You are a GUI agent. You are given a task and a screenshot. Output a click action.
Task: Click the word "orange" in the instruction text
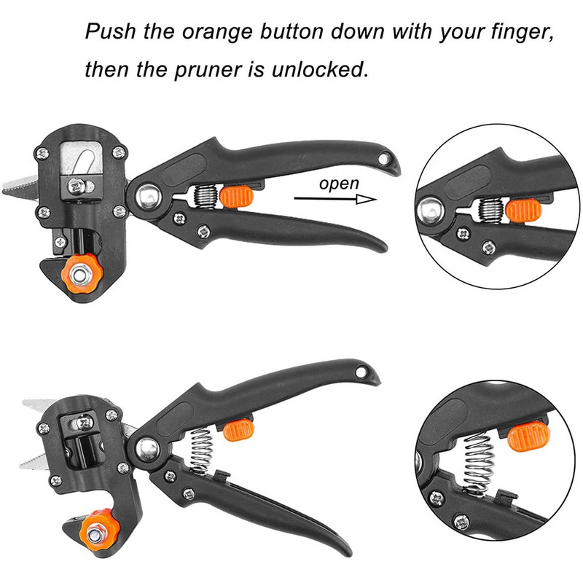pyautogui.click(x=217, y=32)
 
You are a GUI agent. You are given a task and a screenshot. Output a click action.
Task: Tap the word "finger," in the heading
pyautogui.click(x=523, y=31)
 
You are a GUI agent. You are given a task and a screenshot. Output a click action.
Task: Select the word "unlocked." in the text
pyautogui.click(x=320, y=69)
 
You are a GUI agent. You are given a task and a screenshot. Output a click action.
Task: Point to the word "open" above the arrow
pyautogui.click(x=339, y=184)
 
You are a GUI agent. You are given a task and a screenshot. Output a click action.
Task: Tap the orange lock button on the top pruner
pyautogui.click(x=236, y=197)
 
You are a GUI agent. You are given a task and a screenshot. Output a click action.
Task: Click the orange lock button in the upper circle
pyautogui.click(x=523, y=211)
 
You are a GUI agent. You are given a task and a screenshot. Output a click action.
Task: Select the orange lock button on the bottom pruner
pyautogui.click(x=239, y=430)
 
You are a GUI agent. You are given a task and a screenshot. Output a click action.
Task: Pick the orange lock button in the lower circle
pyautogui.click(x=528, y=436)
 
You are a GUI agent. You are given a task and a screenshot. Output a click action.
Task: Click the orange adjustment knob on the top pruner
pyautogui.click(x=82, y=274)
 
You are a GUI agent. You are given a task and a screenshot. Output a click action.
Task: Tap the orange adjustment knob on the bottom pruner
pyautogui.click(x=99, y=531)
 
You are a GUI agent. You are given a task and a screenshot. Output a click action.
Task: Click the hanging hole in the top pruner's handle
pyautogui.click(x=383, y=159)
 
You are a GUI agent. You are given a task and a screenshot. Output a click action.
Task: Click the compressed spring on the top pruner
pyautogui.click(x=206, y=197)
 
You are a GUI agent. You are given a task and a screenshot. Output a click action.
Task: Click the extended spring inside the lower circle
pyautogui.click(x=479, y=465)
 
